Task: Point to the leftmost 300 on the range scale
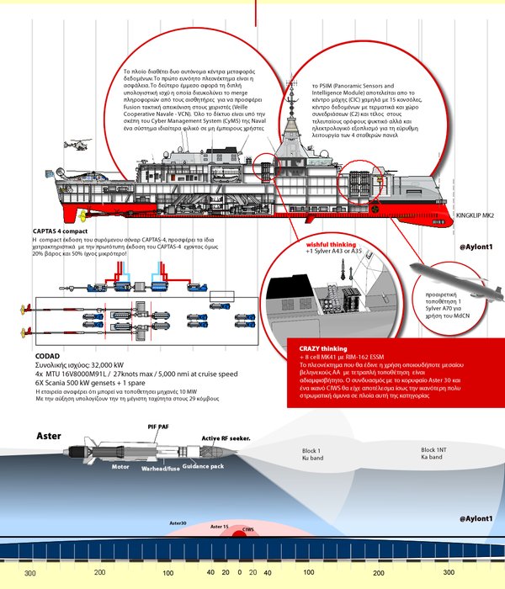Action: click(x=29, y=573)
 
